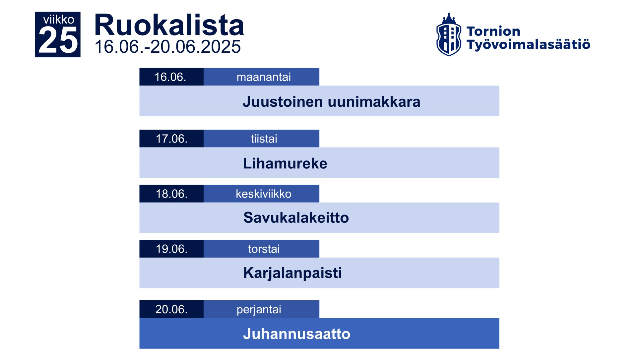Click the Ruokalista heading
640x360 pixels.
click(x=169, y=25)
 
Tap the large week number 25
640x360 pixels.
click(x=58, y=40)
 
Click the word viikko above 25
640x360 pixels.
click(x=59, y=20)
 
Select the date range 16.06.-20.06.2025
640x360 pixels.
click(x=167, y=46)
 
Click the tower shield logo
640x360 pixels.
click(x=449, y=34)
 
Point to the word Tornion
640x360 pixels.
click(x=493, y=31)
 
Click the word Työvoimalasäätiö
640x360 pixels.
click(x=529, y=44)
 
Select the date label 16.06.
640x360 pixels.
click(x=170, y=77)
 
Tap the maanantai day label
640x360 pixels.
click(x=264, y=77)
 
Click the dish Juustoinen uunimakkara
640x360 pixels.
click(x=332, y=101)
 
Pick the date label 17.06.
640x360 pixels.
click(x=171, y=139)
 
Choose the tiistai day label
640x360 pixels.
click(x=264, y=139)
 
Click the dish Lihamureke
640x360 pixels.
click(x=285, y=163)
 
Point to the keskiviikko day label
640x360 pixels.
click(x=264, y=194)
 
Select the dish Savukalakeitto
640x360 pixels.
click(x=296, y=218)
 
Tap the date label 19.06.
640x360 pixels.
click(x=171, y=249)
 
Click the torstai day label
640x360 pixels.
click(x=264, y=249)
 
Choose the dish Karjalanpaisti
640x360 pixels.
click(x=292, y=273)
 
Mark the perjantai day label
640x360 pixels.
click(x=259, y=309)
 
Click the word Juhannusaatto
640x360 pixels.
click(x=297, y=334)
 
